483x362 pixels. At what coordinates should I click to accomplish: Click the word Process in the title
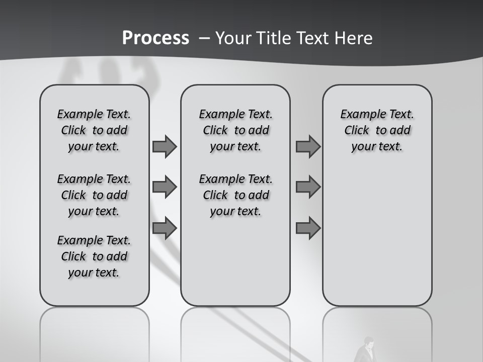pyautogui.click(x=155, y=38)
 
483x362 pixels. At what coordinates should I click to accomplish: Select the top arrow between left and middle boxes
pyautogui.click(x=165, y=146)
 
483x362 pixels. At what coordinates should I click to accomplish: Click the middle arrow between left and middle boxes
pyautogui.click(x=165, y=187)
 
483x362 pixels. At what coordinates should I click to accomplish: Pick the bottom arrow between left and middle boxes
pyautogui.click(x=165, y=228)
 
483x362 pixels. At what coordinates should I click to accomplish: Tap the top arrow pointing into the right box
pyautogui.click(x=308, y=146)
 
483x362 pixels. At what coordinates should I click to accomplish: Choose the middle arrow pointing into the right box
pyautogui.click(x=308, y=187)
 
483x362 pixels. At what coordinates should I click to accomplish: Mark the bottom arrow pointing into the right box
pyautogui.click(x=308, y=228)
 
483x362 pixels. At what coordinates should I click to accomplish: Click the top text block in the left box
pyautogui.click(x=94, y=130)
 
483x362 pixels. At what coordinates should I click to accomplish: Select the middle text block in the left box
pyautogui.click(x=94, y=195)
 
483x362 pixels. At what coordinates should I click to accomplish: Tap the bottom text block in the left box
pyautogui.click(x=94, y=256)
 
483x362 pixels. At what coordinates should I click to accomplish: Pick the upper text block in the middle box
pyautogui.click(x=235, y=130)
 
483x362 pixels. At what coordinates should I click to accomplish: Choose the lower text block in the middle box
pyautogui.click(x=235, y=195)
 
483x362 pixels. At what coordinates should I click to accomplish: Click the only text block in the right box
pyautogui.click(x=377, y=130)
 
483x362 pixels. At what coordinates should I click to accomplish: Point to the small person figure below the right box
pyautogui.click(x=367, y=350)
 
